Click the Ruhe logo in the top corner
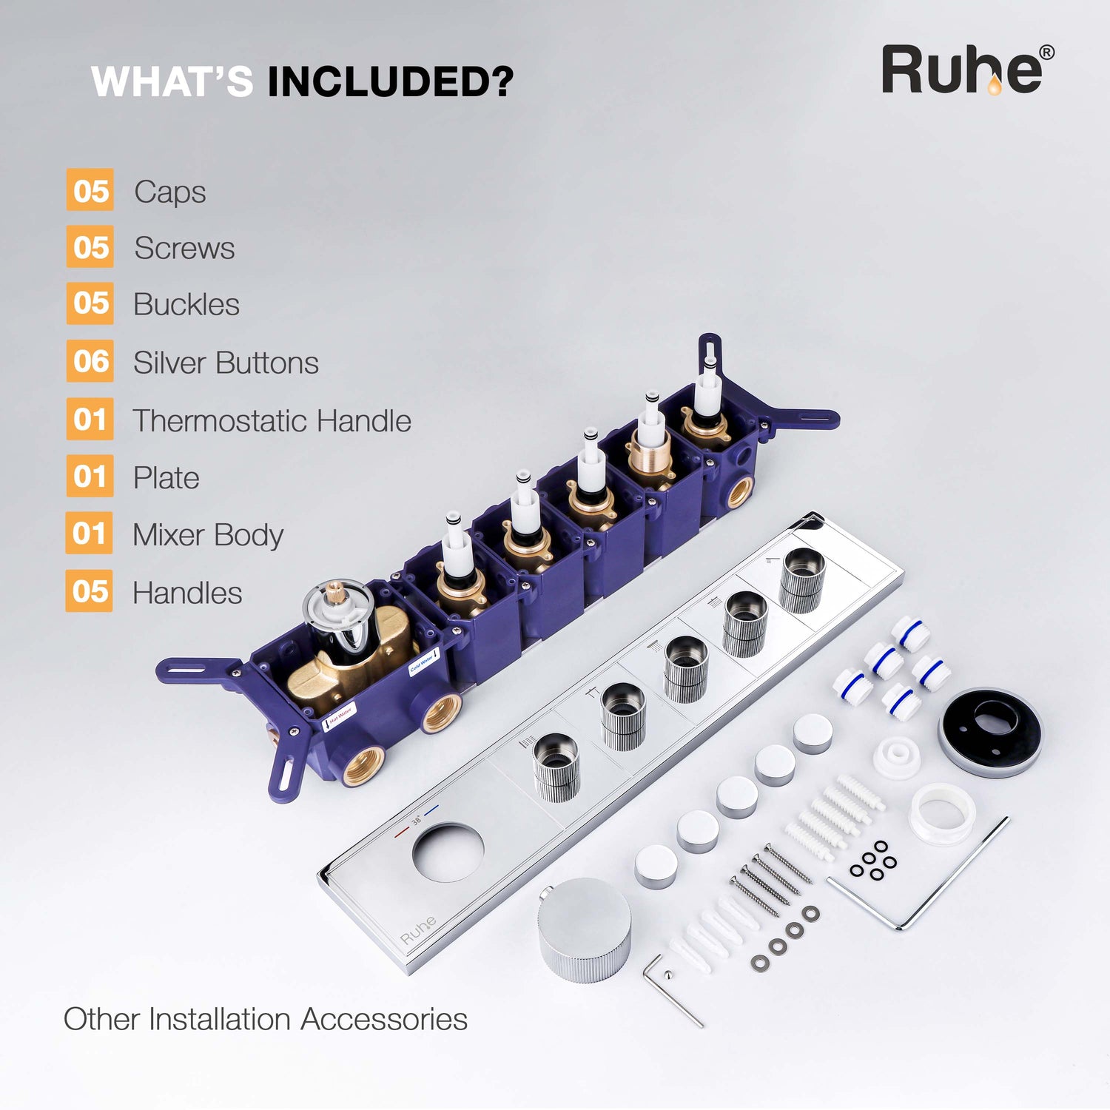click(x=968, y=70)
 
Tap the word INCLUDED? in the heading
click(x=390, y=81)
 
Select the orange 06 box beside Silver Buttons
click(x=90, y=361)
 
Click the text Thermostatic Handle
click(x=272, y=420)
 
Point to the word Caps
click(x=170, y=192)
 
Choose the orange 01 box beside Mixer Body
click(x=90, y=533)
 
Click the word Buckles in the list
click(x=186, y=304)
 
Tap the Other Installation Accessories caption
click(x=266, y=1019)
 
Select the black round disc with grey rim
click(x=990, y=732)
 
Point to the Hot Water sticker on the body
click(x=341, y=716)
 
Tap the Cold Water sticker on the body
click(x=424, y=661)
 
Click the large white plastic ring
click(x=943, y=814)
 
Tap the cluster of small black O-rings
click(x=873, y=861)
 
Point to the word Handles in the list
click(x=187, y=593)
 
